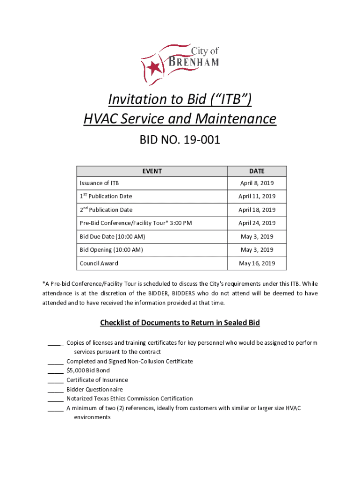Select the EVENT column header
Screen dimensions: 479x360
(152, 171)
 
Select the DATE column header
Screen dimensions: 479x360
(257, 171)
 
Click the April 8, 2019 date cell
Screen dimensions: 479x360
(257, 183)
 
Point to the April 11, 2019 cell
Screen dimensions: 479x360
(257, 196)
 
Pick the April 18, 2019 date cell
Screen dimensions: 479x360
(257, 210)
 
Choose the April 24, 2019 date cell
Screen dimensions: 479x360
(257, 223)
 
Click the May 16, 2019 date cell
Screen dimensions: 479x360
(257, 263)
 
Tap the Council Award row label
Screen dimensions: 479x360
(99, 263)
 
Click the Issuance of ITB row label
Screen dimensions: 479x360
(99, 183)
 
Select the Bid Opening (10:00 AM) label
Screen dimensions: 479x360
(111, 250)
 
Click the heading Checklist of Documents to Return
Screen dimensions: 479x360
(180, 323)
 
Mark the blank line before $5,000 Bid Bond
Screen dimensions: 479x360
(55, 371)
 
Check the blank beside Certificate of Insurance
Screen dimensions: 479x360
(55, 380)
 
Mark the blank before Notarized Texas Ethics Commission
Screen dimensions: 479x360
(55, 399)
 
